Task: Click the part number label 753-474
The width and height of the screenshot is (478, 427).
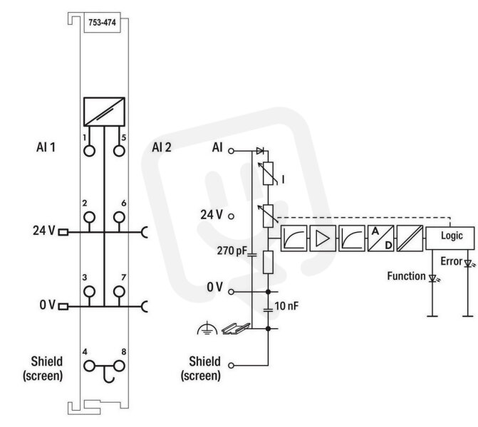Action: click(x=102, y=23)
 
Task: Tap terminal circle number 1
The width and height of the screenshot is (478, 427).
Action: click(x=89, y=151)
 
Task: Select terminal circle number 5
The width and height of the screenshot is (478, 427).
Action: click(x=119, y=151)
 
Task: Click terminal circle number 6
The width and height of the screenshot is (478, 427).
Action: click(x=119, y=217)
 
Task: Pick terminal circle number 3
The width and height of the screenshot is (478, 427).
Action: click(x=89, y=292)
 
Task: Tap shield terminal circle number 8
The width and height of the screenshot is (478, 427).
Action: click(x=119, y=366)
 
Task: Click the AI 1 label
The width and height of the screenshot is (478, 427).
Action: click(x=46, y=147)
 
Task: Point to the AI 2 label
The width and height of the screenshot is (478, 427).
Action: click(x=162, y=147)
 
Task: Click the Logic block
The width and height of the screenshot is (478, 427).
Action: click(x=450, y=238)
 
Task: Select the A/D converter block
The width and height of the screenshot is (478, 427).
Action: click(x=380, y=238)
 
